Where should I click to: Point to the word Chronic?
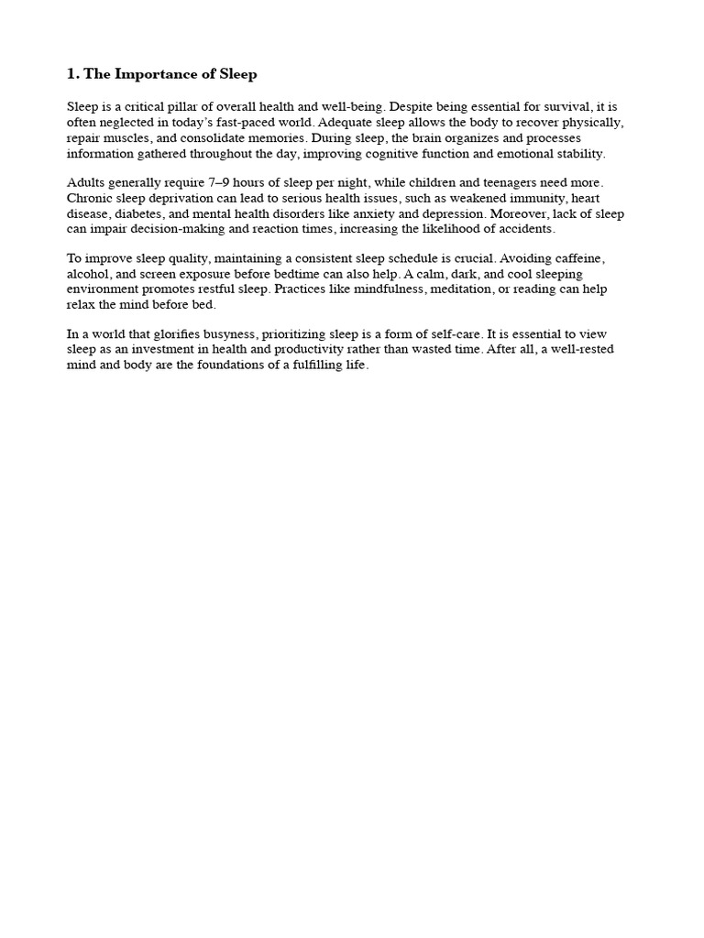[x=90, y=199]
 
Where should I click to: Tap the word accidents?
[x=522, y=229]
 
